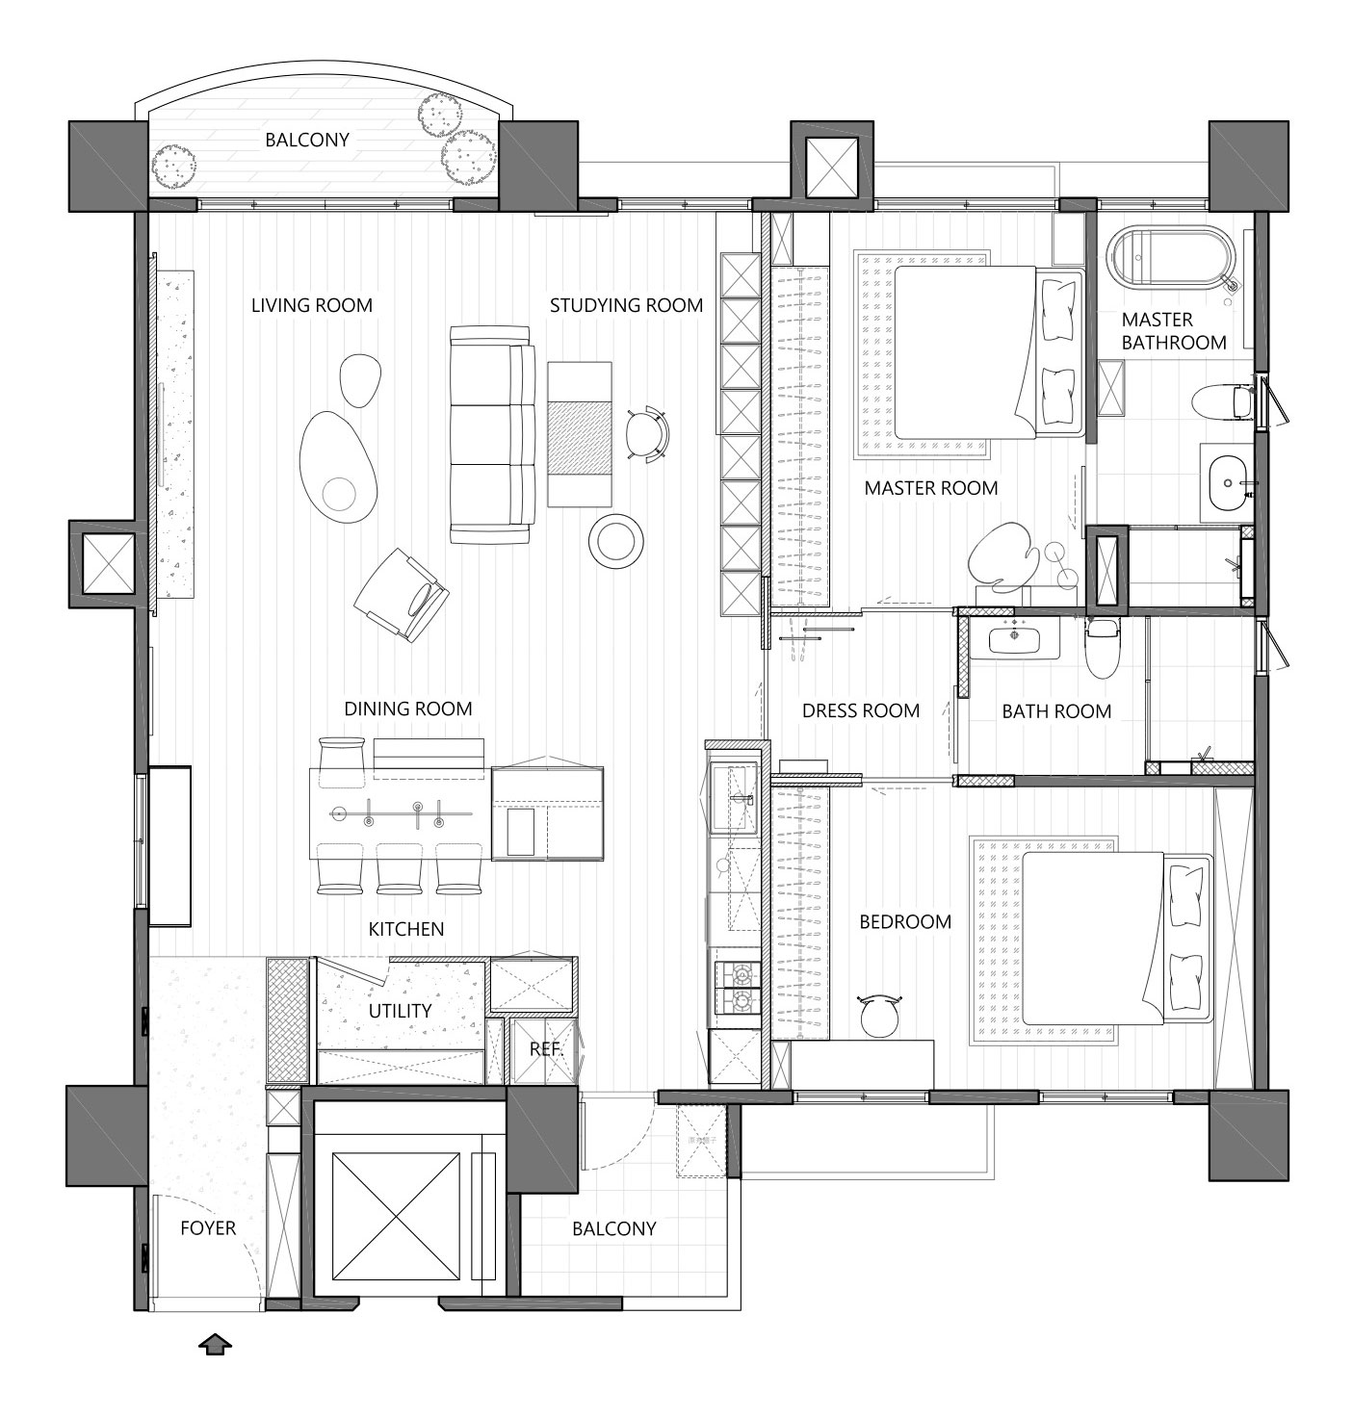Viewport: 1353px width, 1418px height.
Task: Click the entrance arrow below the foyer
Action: click(215, 1345)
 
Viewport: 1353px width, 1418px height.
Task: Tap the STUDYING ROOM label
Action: click(626, 306)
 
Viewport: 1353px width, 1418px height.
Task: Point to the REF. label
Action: click(545, 1049)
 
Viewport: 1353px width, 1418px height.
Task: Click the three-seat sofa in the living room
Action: click(493, 434)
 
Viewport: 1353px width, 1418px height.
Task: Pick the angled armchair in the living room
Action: click(402, 595)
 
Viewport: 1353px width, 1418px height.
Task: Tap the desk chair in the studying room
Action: click(646, 433)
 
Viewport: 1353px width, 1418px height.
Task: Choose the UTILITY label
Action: click(400, 1011)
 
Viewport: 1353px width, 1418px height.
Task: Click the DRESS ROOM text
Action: click(861, 711)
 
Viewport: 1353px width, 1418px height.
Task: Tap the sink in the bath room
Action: click(1014, 639)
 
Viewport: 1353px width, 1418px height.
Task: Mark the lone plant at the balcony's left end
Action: click(173, 167)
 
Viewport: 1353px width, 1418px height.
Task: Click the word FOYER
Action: click(208, 1228)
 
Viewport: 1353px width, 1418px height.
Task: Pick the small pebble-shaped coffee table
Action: click(360, 380)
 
